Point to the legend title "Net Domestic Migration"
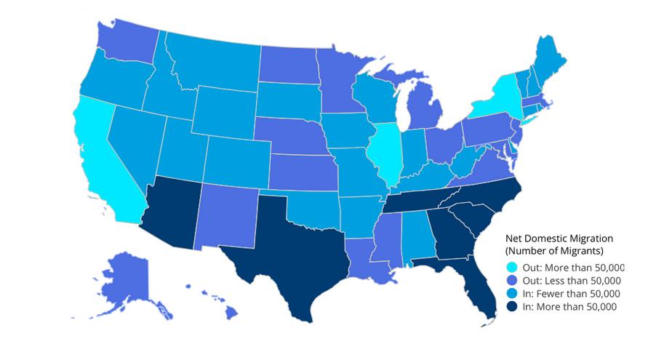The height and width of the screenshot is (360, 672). pos(559,238)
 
